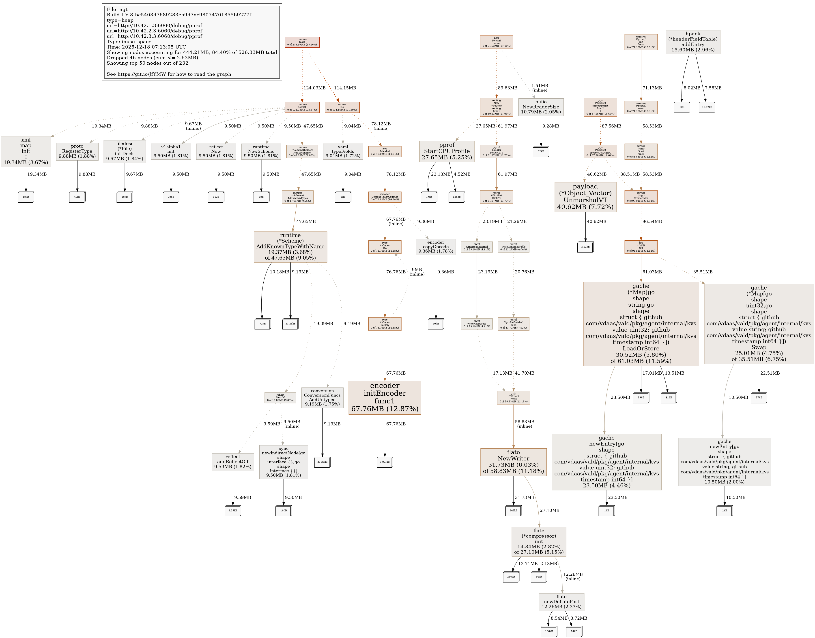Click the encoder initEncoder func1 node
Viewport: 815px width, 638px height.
click(385, 397)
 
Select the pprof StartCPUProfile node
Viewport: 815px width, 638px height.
click(447, 151)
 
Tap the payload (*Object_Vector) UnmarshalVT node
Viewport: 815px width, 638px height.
click(585, 197)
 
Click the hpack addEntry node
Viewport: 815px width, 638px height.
click(692, 42)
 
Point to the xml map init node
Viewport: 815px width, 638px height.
click(26, 151)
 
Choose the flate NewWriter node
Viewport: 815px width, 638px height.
click(513, 462)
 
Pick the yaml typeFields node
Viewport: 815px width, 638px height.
click(343, 151)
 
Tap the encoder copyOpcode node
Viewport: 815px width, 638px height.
click(435, 247)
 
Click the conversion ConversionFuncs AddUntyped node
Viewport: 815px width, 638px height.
click(322, 397)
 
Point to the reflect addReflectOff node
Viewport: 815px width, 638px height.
click(233, 462)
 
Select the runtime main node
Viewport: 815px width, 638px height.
click(302, 42)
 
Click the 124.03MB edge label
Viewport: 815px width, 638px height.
click(314, 88)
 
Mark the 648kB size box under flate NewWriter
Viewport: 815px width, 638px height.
click(513, 510)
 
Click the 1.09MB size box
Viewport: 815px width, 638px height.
click(385, 462)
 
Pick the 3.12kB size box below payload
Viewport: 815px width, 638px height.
click(585, 247)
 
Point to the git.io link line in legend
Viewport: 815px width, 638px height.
click(169, 74)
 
